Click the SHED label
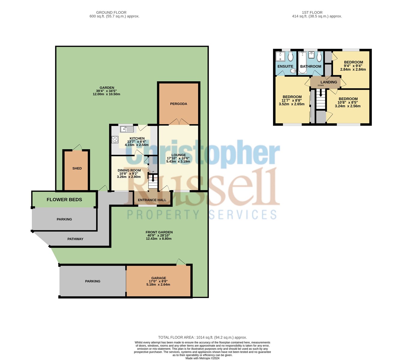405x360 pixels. [x=77, y=168]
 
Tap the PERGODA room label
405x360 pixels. [x=178, y=104]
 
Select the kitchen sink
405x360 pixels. [x=127, y=129]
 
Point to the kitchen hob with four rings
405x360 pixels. [x=115, y=139]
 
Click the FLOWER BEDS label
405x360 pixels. [x=64, y=200]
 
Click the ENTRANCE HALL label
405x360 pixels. [x=152, y=200]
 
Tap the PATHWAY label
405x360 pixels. [x=75, y=239]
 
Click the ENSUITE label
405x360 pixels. [x=285, y=67]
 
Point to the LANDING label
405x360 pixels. [x=328, y=82]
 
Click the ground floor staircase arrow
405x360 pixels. [x=153, y=179]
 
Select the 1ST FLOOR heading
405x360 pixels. [x=312, y=13]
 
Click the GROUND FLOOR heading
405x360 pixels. [x=111, y=13]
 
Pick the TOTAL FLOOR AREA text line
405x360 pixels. [x=202, y=338]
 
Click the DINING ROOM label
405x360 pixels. [x=129, y=170]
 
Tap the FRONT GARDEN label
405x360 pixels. [x=159, y=232]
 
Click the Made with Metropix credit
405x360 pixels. [x=202, y=358]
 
